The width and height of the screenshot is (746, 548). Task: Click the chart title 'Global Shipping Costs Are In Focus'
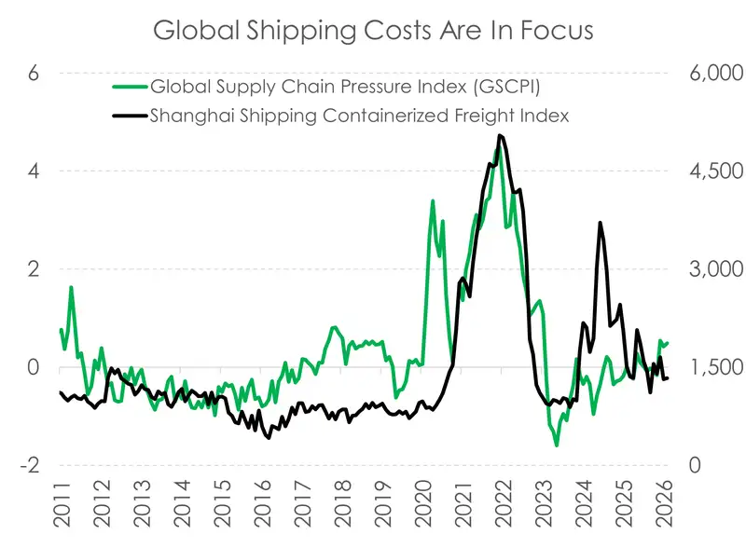coord(373,30)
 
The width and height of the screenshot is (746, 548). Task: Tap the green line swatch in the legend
coord(128,89)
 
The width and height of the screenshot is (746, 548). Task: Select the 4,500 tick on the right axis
coord(700,171)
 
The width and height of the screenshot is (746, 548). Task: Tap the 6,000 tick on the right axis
coord(700,74)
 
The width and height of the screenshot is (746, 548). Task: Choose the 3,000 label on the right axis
coord(700,269)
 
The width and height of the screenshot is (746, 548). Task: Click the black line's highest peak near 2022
coord(501,136)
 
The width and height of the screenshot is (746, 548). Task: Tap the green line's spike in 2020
coord(433,201)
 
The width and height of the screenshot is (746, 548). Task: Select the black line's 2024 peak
coord(601,223)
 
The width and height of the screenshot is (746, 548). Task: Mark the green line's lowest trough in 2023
coord(557,445)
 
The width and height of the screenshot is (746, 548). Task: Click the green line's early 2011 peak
coord(71,287)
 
